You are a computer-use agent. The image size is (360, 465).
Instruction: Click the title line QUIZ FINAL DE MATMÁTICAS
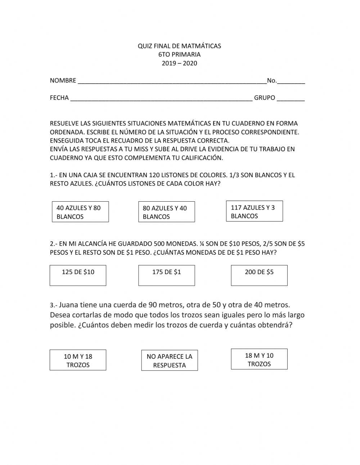click(x=179, y=46)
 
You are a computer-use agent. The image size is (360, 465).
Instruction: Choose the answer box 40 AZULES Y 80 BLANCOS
click(x=80, y=212)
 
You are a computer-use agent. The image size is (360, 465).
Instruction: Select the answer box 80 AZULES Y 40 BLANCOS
click(x=166, y=212)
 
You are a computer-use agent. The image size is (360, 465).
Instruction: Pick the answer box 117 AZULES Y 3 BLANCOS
click(x=254, y=211)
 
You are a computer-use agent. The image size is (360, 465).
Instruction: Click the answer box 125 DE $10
click(x=78, y=276)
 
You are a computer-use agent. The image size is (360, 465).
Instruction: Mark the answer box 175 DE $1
click(x=166, y=276)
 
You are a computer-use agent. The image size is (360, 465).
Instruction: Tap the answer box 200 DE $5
click(x=259, y=276)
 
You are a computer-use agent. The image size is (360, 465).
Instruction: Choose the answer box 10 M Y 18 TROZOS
click(x=78, y=360)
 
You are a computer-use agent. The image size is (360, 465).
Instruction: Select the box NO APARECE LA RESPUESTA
click(x=169, y=361)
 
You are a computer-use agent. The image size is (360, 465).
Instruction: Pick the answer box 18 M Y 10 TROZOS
click(x=259, y=359)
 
